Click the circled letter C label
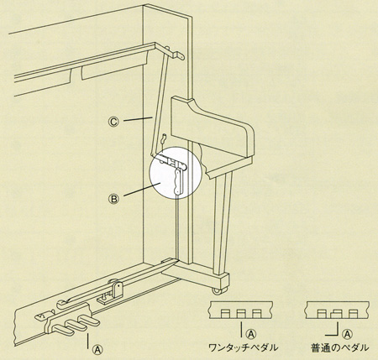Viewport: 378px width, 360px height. click(x=113, y=122)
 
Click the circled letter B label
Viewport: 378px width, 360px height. click(x=113, y=199)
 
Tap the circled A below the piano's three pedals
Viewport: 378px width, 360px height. click(x=97, y=349)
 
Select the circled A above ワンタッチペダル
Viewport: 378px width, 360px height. click(x=251, y=333)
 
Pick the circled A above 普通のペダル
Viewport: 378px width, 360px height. click(x=347, y=333)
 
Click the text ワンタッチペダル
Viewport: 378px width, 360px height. click(x=244, y=347)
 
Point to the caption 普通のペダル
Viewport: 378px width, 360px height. click(x=339, y=347)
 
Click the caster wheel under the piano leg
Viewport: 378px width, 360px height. click(x=218, y=290)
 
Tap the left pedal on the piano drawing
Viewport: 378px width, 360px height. click(x=63, y=329)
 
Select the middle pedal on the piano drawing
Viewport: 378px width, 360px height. click(x=76, y=325)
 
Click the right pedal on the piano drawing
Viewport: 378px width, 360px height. click(x=90, y=321)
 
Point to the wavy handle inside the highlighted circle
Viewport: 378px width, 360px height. click(x=178, y=181)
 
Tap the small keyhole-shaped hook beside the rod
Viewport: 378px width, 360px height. click(x=164, y=138)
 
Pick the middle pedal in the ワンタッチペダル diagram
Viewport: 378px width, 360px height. click(x=241, y=314)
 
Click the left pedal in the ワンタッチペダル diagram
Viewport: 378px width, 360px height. click(x=225, y=314)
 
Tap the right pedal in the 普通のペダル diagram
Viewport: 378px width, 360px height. click(x=353, y=314)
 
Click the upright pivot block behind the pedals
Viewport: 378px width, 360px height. click(x=118, y=290)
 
